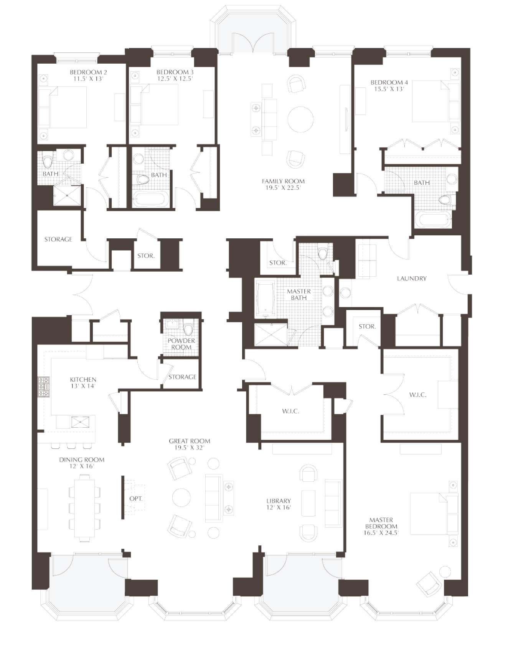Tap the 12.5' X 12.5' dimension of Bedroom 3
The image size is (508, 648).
point(175,78)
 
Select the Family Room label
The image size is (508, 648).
point(283,181)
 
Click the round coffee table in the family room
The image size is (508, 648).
point(300,119)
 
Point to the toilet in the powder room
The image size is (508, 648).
point(188,330)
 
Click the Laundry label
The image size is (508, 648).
point(411,279)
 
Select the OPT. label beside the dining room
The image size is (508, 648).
point(136,499)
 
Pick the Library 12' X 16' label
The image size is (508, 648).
point(279,504)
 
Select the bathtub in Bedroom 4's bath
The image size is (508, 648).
point(433,221)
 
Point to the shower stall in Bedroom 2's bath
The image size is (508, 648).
point(67,196)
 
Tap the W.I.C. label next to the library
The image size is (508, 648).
point(290,411)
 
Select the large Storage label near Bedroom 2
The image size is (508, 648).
point(58,239)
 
